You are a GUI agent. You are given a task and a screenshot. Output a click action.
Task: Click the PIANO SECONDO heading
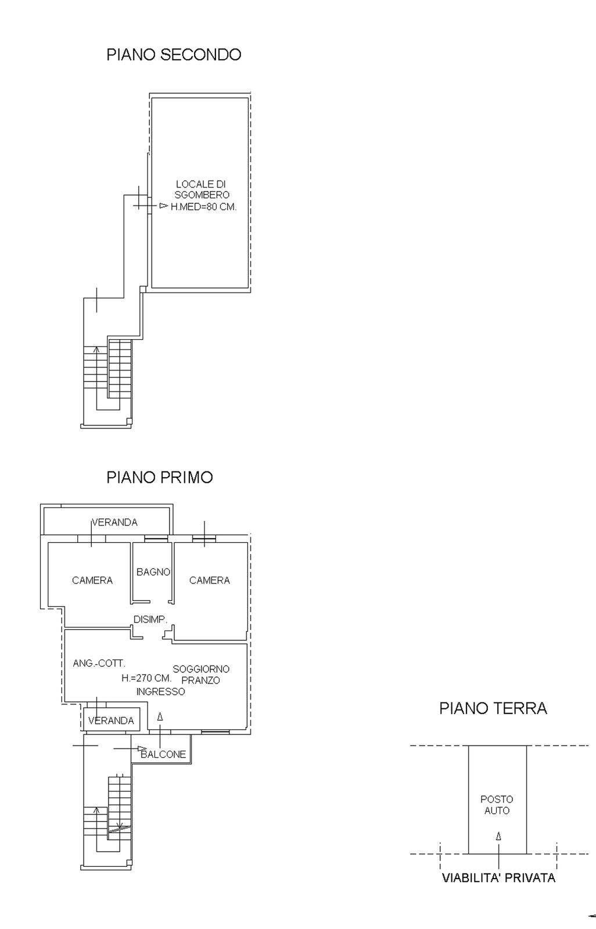pyautogui.click(x=174, y=55)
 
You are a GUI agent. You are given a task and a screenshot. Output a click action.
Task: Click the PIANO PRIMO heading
pyautogui.click(x=160, y=477)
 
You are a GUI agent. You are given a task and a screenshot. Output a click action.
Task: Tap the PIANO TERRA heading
pyautogui.click(x=493, y=708)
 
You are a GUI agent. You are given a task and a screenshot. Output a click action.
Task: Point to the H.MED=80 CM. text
pyautogui.click(x=203, y=207)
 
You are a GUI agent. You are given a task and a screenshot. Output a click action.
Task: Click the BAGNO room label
pyautogui.click(x=153, y=572)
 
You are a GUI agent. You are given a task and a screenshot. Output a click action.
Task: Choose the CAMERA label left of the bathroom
pyautogui.click(x=92, y=580)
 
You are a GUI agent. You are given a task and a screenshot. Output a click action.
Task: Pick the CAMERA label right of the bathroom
pyautogui.click(x=210, y=580)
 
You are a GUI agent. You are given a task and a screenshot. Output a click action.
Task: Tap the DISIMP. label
pyautogui.click(x=150, y=620)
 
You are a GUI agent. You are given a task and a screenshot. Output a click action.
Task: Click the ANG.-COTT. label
pyautogui.click(x=99, y=663)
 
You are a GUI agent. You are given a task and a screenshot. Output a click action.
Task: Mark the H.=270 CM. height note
pyautogui.click(x=146, y=678)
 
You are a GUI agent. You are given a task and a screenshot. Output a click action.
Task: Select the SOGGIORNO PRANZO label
pyautogui.click(x=201, y=675)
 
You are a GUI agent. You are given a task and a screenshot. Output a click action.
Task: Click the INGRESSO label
pyautogui.click(x=161, y=692)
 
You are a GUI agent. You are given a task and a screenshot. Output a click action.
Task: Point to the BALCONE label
pyautogui.click(x=164, y=754)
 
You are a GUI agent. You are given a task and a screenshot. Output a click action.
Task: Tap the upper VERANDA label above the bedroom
pyautogui.click(x=115, y=522)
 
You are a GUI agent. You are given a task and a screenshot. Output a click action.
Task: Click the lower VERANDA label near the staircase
pyautogui.click(x=111, y=721)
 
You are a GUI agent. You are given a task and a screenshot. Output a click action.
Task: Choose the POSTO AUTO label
pyautogui.click(x=497, y=805)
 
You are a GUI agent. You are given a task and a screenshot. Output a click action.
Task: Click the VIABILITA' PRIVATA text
pyautogui.click(x=498, y=878)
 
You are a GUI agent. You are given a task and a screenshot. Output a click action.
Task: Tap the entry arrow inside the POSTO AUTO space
pyautogui.click(x=498, y=837)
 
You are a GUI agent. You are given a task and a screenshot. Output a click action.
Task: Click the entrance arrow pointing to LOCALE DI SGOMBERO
pyautogui.click(x=163, y=206)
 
